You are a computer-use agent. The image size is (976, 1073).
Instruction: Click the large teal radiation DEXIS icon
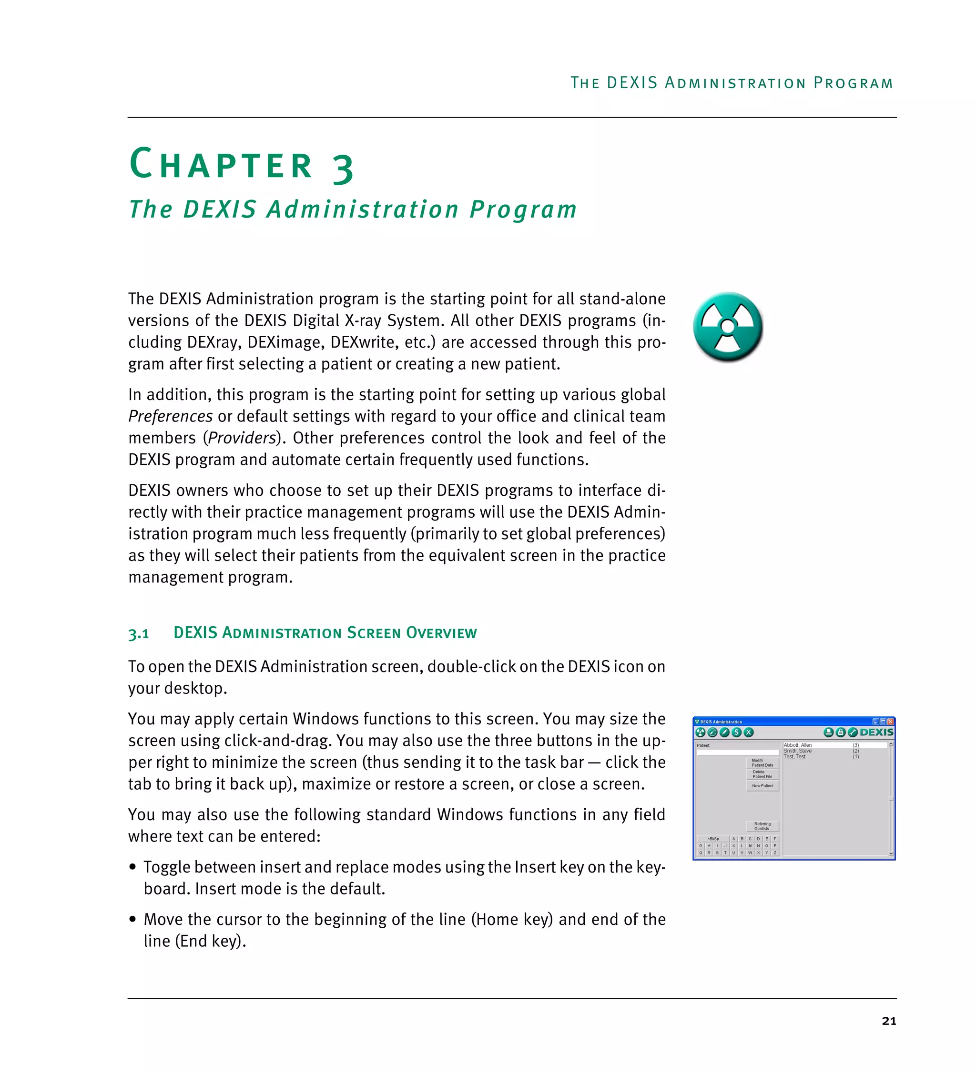pyautogui.click(x=727, y=326)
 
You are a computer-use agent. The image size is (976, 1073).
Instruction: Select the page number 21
pyautogui.click(x=889, y=1020)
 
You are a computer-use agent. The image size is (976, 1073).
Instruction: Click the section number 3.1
pyautogui.click(x=138, y=634)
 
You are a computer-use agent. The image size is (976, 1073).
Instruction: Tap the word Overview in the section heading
pyautogui.click(x=441, y=633)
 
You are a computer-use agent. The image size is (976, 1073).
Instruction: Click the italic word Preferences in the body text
pyautogui.click(x=171, y=416)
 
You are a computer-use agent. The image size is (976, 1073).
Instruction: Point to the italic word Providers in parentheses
pyautogui.click(x=242, y=438)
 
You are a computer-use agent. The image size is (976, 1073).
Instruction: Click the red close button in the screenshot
pyautogui.click(x=890, y=722)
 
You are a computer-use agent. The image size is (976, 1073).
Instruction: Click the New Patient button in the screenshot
pyautogui.click(x=762, y=786)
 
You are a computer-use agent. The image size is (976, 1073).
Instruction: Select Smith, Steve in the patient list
pyautogui.click(x=797, y=751)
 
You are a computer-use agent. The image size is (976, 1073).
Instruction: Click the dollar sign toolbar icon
pyautogui.click(x=736, y=732)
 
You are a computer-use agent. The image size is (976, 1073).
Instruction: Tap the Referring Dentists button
pyautogui.click(x=762, y=826)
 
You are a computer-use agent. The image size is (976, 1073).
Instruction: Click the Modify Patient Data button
pyautogui.click(x=762, y=762)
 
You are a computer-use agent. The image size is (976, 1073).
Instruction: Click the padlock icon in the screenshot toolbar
pyautogui.click(x=840, y=732)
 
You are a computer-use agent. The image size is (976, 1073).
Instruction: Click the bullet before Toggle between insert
pyautogui.click(x=132, y=867)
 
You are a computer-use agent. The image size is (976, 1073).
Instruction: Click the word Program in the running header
pyautogui.click(x=853, y=83)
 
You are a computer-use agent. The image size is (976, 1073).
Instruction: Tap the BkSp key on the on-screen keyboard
pyautogui.click(x=712, y=839)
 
